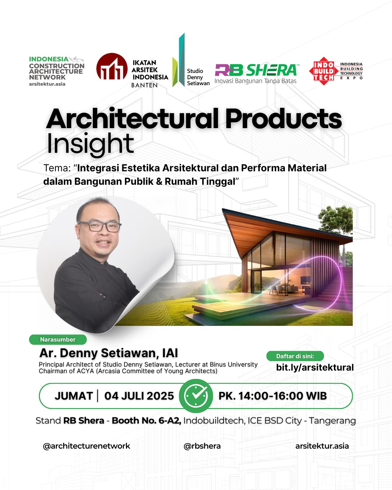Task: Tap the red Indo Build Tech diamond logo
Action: (x=323, y=71)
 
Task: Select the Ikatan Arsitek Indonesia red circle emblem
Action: (x=111, y=66)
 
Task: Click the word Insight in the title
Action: (x=90, y=144)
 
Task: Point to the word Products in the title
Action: (x=283, y=119)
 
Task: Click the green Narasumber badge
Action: (x=58, y=339)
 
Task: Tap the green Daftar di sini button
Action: (x=295, y=356)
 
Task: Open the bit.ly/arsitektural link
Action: (x=315, y=368)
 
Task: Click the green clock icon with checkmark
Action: (x=196, y=396)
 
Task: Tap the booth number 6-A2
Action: (x=170, y=421)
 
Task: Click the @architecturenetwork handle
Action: (x=86, y=446)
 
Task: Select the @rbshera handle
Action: (x=202, y=446)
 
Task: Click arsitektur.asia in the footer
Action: (x=322, y=446)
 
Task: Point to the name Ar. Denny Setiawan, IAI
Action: (x=109, y=353)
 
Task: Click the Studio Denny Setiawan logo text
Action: (x=198, y=77)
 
